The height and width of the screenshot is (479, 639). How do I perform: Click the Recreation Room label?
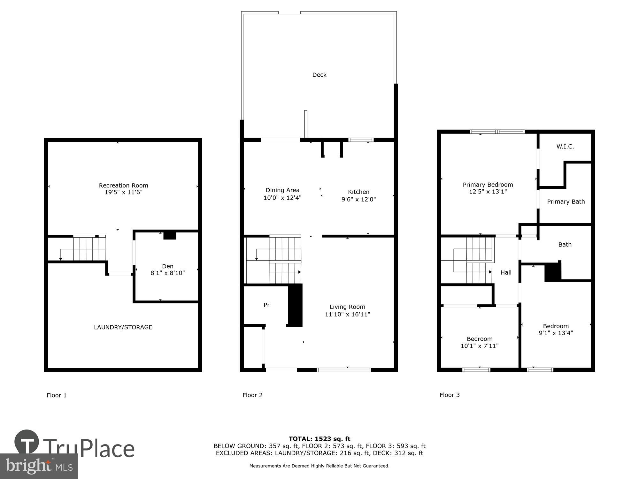[123, 185]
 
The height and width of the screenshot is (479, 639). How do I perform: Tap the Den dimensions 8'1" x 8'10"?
[167, 273]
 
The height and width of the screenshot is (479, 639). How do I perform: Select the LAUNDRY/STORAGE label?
[123, 327]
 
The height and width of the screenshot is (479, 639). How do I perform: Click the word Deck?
[319, 75]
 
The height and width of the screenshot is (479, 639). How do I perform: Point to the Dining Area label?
[282, 190]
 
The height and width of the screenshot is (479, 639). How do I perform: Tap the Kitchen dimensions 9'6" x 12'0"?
[358, 199]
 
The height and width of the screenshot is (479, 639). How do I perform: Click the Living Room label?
[347, 307]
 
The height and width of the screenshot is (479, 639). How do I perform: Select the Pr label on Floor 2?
[266, 305]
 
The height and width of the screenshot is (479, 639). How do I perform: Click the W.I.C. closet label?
[565, 147]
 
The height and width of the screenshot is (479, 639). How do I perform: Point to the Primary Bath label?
[566, 201]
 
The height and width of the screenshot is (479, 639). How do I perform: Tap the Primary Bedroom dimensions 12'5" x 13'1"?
[488, 192]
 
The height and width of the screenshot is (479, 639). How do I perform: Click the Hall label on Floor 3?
[506, 272]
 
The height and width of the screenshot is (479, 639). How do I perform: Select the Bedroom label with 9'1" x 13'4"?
[556, 326]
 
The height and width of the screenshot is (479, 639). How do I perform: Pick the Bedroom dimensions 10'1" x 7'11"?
[479, 346]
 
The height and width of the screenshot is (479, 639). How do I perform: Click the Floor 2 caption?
[252, 395]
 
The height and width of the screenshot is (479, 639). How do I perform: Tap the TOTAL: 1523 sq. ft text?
[319, 439]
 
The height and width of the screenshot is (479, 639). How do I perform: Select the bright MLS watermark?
[39, 467]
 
